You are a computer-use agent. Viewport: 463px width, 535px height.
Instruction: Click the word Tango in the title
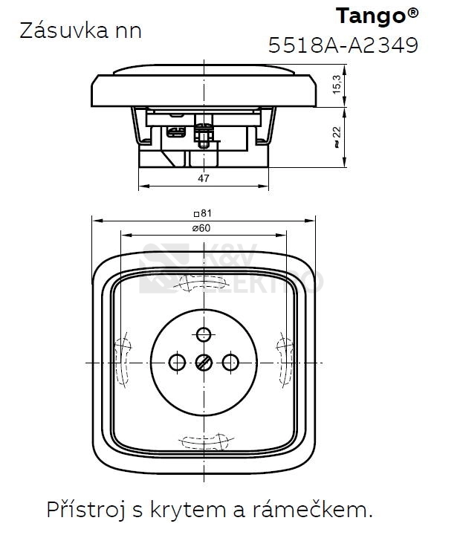pyautogui.click(x=371, y=17)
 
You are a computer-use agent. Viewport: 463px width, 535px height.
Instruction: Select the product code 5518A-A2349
pyautogui.click(x=343, y=45)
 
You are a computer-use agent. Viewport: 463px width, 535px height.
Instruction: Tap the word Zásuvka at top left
pyautogui.click(x=64, y=30)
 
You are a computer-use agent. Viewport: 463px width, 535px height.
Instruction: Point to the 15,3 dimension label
pyautogui.click(x=337, y=84)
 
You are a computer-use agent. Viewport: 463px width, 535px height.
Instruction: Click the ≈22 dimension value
pyautogui.click(x=337, y=137)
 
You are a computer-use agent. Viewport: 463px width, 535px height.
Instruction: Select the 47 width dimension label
pyautogui.click(x=204, y=178)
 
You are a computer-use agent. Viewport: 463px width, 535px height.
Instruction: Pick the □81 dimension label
pyautogui.click(x=203, y=213)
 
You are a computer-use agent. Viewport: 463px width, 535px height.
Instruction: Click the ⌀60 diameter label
pyautogui.click(x=201, y=228)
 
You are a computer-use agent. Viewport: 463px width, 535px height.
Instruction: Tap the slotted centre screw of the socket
pyautogui.click(x=204, y=363)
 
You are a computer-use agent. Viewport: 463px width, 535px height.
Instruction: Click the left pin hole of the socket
pyautogui.click(x=177, y=363)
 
